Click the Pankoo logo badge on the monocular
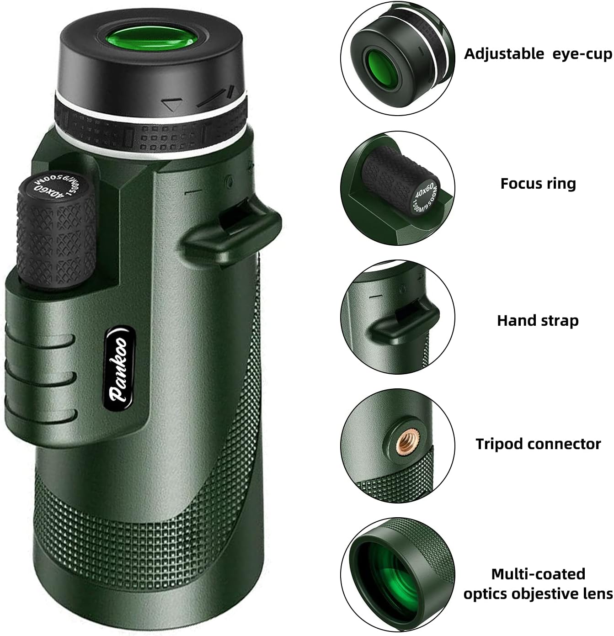click(120, 366)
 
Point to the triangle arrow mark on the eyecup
click(172, 104)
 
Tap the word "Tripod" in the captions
click(499, 444)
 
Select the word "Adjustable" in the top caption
click(504, 54)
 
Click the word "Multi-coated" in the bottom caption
click(538, 574)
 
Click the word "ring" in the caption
click(561, 184)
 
